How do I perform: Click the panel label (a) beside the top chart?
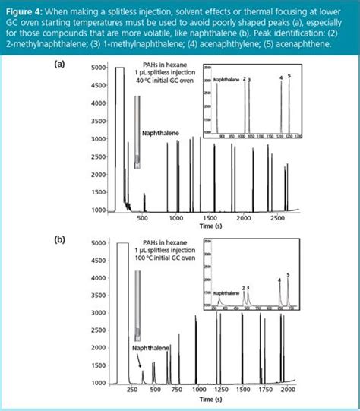58,65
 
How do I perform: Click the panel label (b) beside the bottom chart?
58,239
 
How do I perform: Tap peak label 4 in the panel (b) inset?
279,279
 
